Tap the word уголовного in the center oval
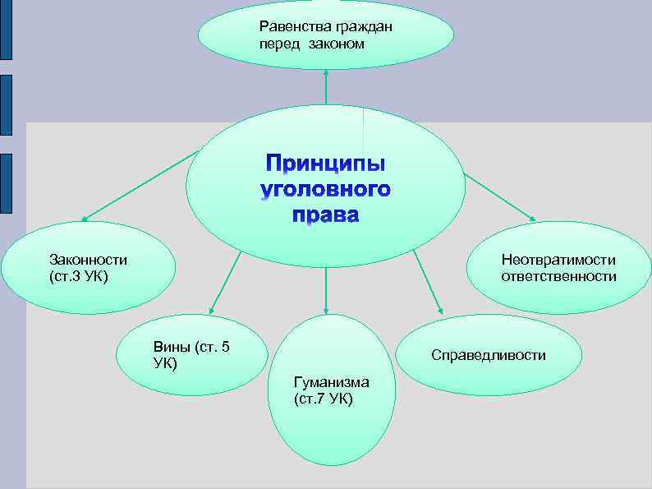pyautogui.click(x=326, y=191)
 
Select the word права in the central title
pyautogui.click(x=326, y=216)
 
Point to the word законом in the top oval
pyautogui.click(x=335, y=43)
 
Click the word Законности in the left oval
pyautogui.click(x=88, y=260)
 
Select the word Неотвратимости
pyautogui.click(x=558, y=261)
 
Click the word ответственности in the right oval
pyautogui.click(x=558, y=276)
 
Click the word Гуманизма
pyautogui.click(x=331, y=382)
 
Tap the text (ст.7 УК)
pyautogui.click(x=323, y=399)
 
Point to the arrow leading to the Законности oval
pyautogui.click(x=140, y=186)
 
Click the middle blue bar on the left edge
pyautogui.click(x=6, y=105)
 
